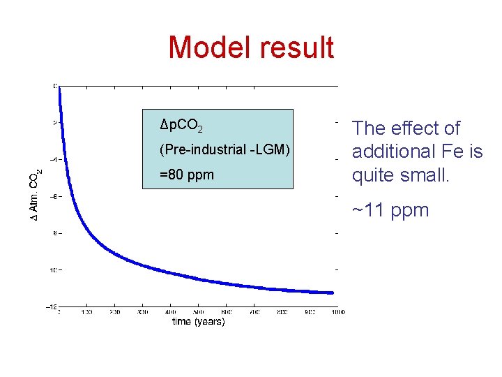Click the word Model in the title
click(210, 47)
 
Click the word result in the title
click(296, 47)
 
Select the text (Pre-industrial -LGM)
click(225, 149)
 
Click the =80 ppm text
click(187, 175)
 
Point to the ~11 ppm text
click(390, 210)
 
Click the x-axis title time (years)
click(199, 322)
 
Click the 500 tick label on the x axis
click(198, 311)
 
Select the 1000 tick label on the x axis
click(337, 311)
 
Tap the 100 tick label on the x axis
click(87, 311)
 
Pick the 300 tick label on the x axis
click(142, 311)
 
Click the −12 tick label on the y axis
click(52, 306)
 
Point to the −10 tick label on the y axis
click(52, 269)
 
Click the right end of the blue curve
click(333, 293)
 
